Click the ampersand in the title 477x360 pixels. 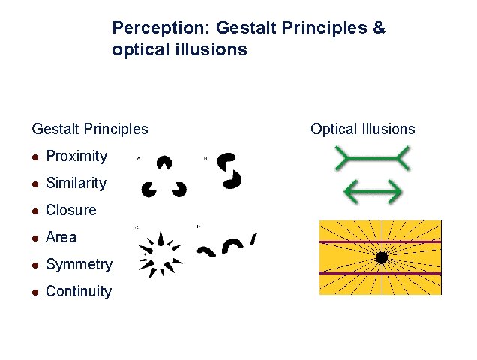coord(379,28)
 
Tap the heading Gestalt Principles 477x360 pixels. coord(90,129)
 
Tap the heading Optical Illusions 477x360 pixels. coord(362,129)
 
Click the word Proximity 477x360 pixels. coord(76,156)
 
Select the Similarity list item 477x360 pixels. coord(76,183)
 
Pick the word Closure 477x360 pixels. coord(71,210)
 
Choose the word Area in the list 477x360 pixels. coord(61,237)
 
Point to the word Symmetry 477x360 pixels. coord(79,264)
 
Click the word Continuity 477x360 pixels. coord(79,291)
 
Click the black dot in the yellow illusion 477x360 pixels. coord(381,257)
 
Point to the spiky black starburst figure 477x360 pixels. coord(160,254)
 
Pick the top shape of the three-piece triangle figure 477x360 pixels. coord(163,163)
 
